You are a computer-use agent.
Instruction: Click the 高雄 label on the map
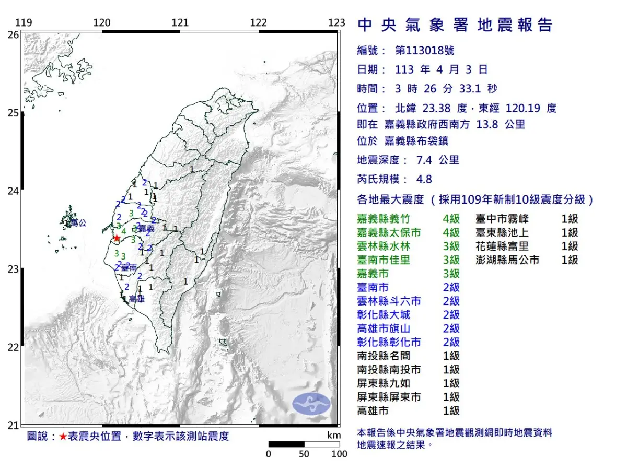coord(136,299)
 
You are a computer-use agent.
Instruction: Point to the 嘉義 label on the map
coord(147,229)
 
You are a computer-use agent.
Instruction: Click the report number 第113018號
coord(424,51)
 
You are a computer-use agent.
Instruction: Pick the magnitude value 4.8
coord(424,179)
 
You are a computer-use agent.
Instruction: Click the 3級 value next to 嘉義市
coord(451,274)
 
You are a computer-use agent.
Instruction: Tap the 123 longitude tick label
coord(337,23)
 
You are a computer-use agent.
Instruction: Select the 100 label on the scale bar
coord(339,454)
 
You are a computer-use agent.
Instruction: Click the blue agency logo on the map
coord(311,404)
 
